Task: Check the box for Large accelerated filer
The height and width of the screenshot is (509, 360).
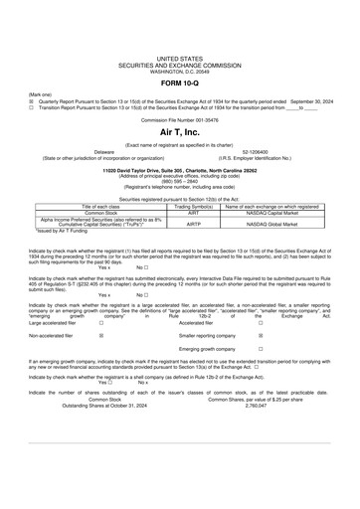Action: click(101, 323)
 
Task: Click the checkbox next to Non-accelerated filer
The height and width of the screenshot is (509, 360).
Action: click(101, 337)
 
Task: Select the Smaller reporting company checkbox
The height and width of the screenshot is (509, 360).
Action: click(261, 337)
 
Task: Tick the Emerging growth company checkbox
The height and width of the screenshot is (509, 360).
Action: click(261, 351)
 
